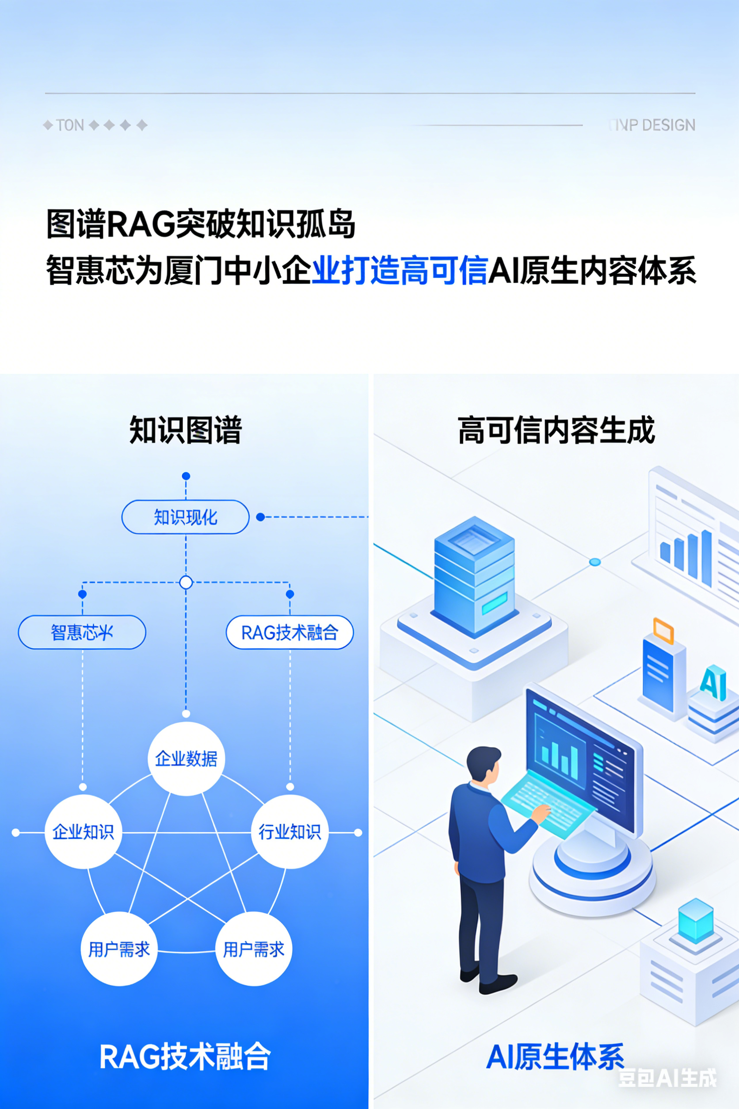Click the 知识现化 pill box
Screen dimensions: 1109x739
coord(185,517)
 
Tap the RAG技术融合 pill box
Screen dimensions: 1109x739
coord(290,632)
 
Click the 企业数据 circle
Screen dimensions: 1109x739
coord(186,759)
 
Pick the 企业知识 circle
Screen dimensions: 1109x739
coord(83,832)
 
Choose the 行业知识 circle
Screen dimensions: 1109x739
coord(290,832)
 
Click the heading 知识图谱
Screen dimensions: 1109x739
coord(185,429)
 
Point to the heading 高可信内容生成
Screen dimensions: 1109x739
coord(556,429)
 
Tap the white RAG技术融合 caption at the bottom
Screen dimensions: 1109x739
coord(185,1057)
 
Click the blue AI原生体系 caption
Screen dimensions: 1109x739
coord(555,1057)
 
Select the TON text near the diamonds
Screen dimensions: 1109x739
coord(70,125)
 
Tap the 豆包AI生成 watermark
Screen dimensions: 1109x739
coord(667,1078)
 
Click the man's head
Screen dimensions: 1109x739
coord(484,764)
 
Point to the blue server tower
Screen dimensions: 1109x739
coord(474,575)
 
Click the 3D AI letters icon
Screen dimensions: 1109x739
coord(712,682)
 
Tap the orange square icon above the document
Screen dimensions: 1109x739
coord(663,631)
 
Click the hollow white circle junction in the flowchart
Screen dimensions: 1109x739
coord(186,582)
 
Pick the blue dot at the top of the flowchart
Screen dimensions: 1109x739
coord(186,476)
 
